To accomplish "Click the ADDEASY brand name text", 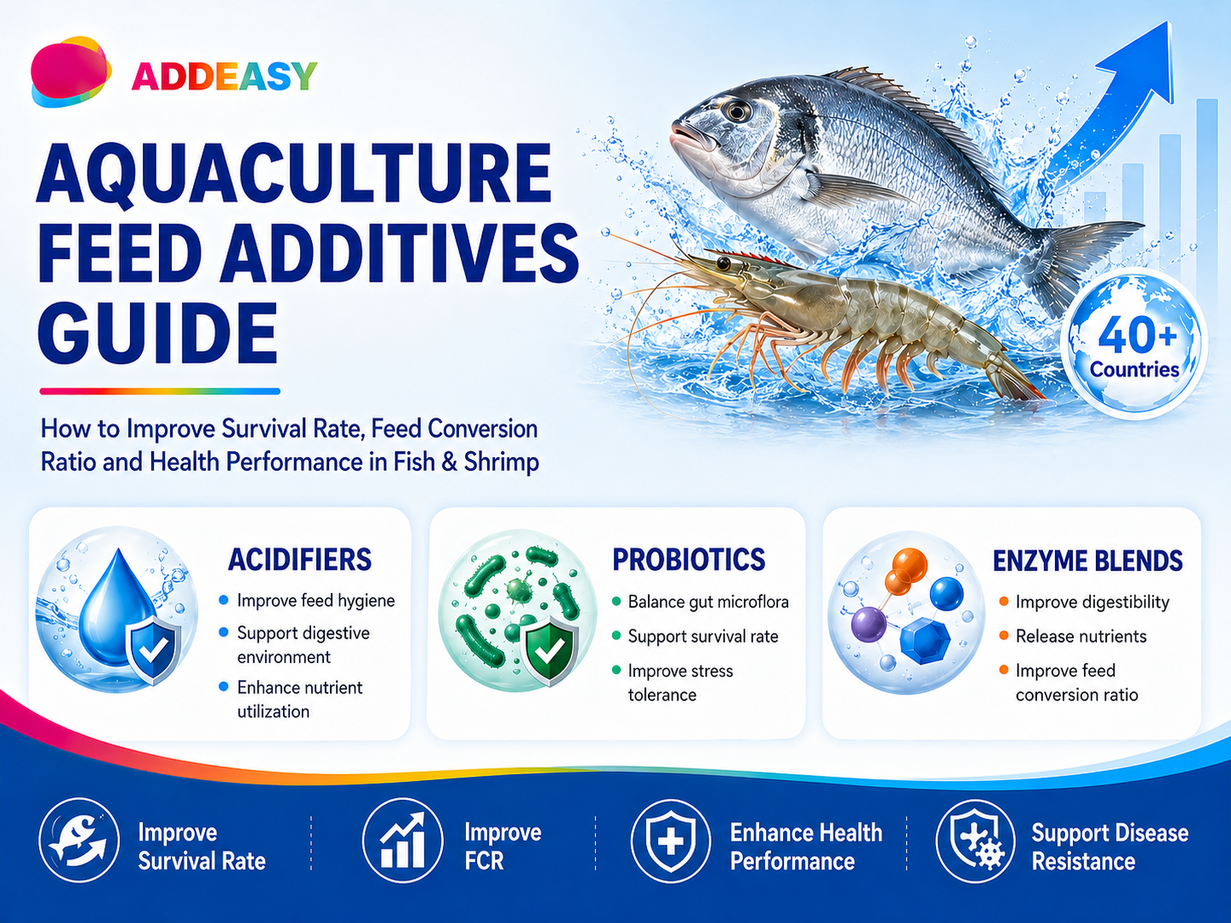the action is tap(224, 76).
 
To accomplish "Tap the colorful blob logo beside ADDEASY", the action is tap(71, 71).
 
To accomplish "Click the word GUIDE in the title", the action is tap(157, 334).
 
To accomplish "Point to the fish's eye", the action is tap(736, 110).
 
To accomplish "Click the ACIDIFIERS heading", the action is tap(299, 559).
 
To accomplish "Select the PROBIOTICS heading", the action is tap(689, 559).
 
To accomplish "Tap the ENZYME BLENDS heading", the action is tap(1087, 560).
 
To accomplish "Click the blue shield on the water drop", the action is tap(155, 650).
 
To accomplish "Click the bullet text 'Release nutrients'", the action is tap(1081, 636).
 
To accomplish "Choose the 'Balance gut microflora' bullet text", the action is tap(708, 602).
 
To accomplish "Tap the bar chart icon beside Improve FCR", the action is tap(403, 841).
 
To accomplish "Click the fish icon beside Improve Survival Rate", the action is tap(79, 840).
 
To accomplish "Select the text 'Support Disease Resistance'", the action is tap(1110, 847).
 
